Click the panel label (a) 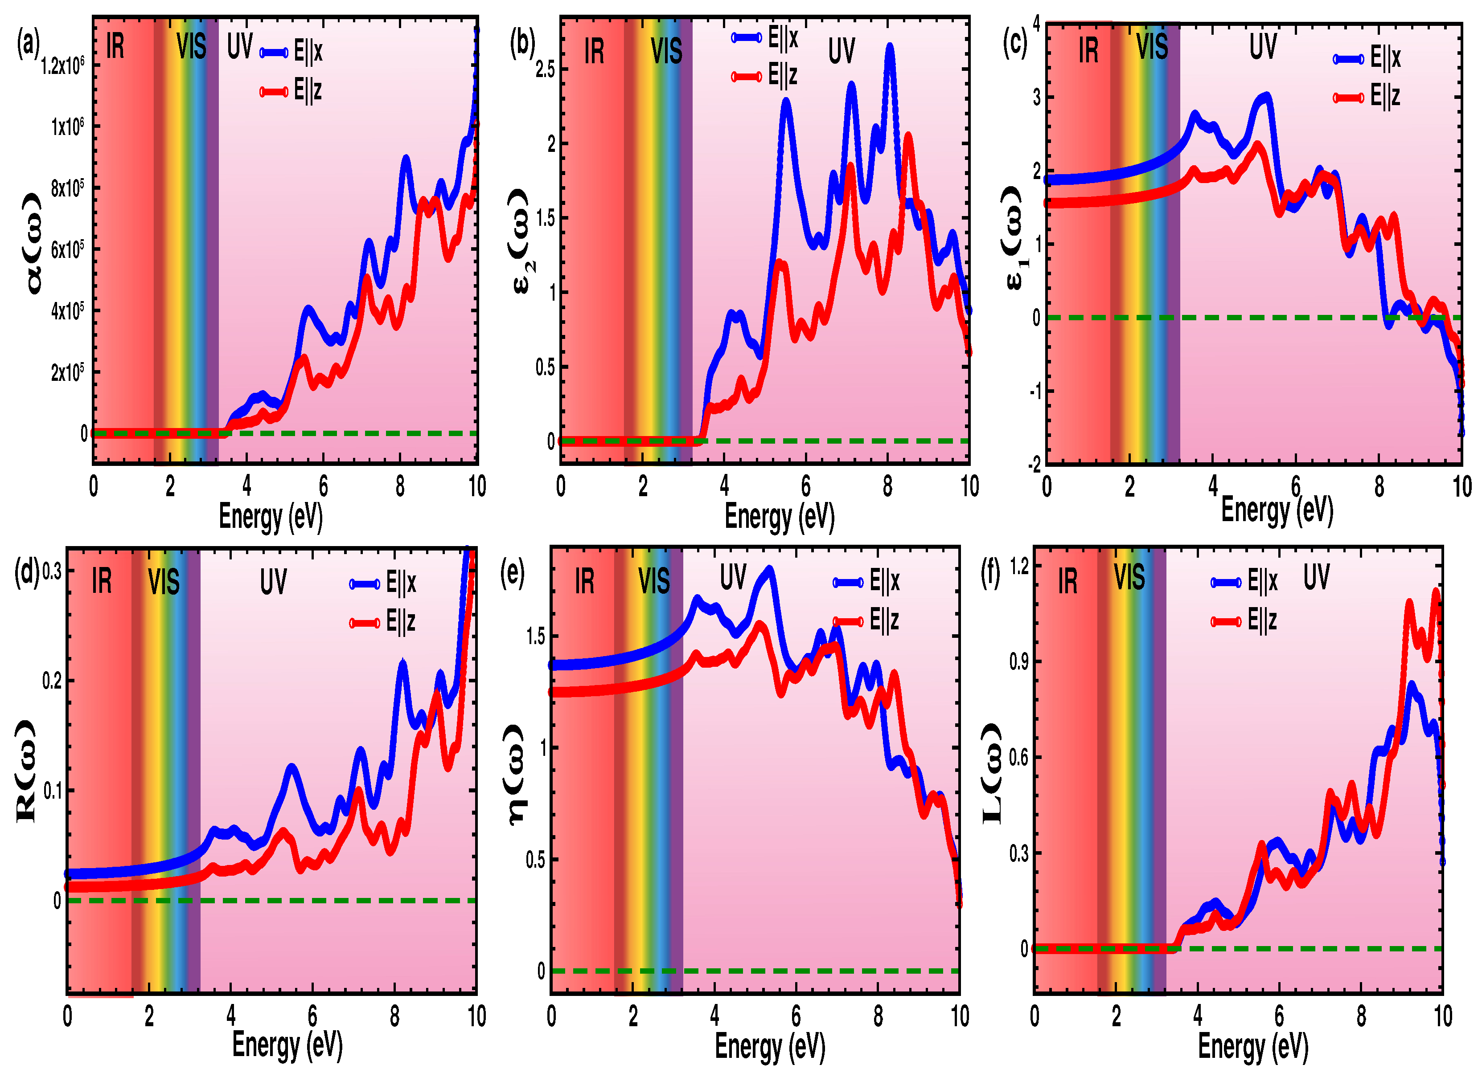click(x=28, y=45)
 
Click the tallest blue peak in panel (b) click(x=889, y=47)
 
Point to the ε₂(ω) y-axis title click(x=523, y=241)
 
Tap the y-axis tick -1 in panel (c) click(x=1036, y=391)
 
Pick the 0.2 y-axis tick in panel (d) click(x=52, y=681)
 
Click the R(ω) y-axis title click(x=25, y=771)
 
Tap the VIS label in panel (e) click(x=653, y=580)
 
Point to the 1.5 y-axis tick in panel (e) click(x=535, y=636)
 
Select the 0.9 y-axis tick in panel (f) click(x=1019, y=661)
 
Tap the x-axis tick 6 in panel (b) click(x=806, y=486)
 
